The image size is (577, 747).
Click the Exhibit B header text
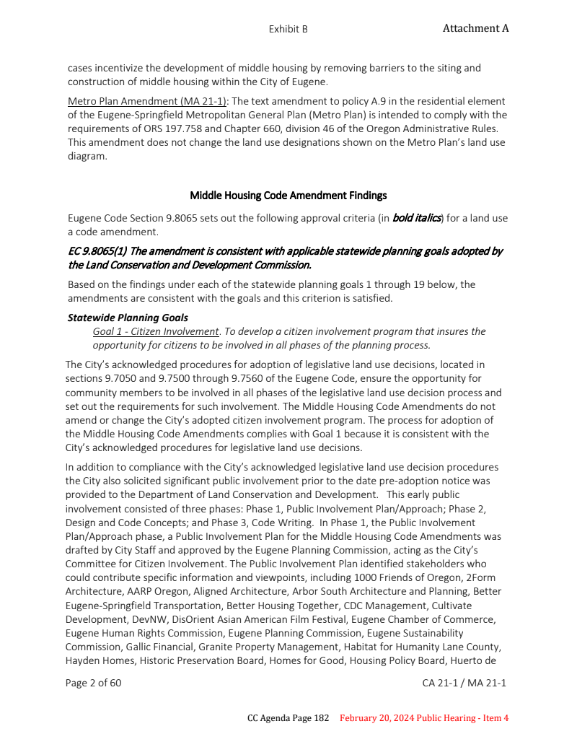[288, 29]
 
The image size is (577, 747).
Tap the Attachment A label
[475, 28]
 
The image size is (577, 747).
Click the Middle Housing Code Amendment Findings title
[288, 196]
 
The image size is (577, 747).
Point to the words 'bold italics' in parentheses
[416, 217]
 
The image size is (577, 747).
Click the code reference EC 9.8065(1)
[96, 251]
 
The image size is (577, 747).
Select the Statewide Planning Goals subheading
[127, 318]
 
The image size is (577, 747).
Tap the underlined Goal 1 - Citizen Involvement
[156, 331]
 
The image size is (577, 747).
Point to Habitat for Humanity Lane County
[422, 647]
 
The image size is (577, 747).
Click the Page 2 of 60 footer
[93, 683]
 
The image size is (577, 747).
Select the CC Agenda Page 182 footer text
[288, 718]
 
